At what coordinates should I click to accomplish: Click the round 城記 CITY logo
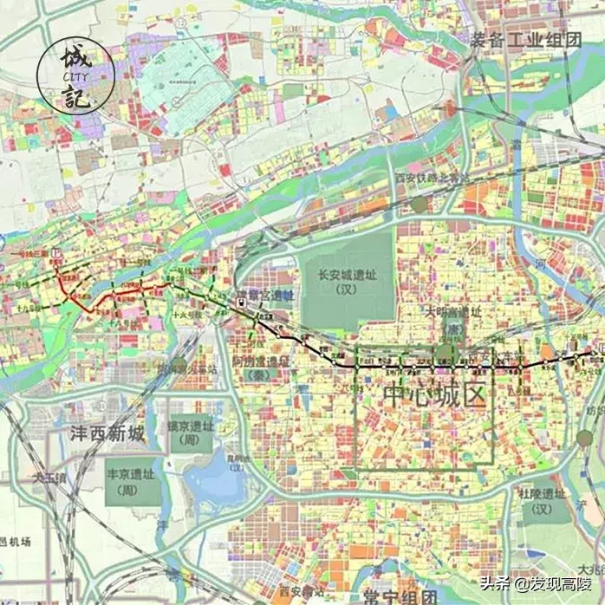tap(75, 75)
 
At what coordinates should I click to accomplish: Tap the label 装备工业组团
tap(525, 40)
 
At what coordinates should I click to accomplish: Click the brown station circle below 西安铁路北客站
tap(420, 204)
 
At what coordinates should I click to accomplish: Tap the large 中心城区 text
tap(436, 395)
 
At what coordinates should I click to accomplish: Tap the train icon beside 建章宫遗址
tap(240, 302)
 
